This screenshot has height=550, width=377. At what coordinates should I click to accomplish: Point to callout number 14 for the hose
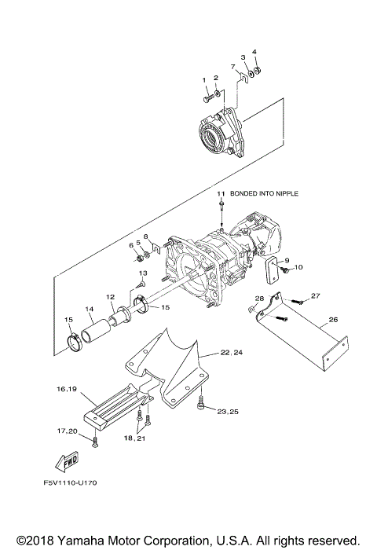[89, 309]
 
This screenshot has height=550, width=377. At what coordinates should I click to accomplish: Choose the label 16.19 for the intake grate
[66, 389]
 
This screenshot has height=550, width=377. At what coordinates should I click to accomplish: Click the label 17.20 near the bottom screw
[66, 431]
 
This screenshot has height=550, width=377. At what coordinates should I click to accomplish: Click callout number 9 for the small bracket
[287, 260]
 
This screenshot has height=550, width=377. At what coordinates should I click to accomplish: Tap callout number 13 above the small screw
[143, 272]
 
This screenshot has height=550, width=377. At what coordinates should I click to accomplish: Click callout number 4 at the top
[254, 53]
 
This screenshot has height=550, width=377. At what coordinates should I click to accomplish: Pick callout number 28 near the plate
[259, 299]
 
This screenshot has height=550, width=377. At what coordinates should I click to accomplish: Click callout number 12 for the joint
[112, 297]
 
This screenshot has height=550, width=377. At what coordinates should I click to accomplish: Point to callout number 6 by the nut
[131, 245]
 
